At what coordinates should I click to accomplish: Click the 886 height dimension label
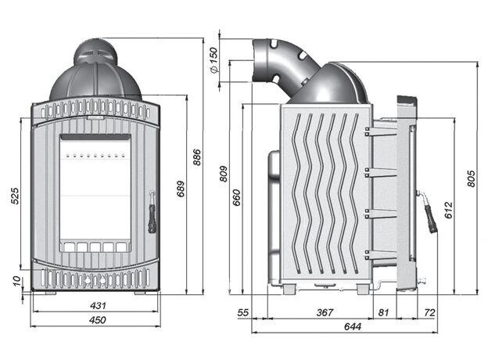[x=197, y=157]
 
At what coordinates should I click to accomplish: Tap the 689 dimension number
[x=181, y=189]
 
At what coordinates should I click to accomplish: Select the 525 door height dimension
[x=15, y=196]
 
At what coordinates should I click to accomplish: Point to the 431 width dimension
[x=98, y=305]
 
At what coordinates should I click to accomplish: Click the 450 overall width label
[x=98, y=320]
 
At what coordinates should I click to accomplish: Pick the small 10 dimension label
[x=18, y=281]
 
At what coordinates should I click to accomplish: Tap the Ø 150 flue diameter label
[x=213, y=60]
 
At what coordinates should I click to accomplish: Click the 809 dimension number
[x=224, y=174]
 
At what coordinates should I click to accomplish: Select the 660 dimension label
[x=236, y=197]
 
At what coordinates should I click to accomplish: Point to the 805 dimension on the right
[x=472, y=178]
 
